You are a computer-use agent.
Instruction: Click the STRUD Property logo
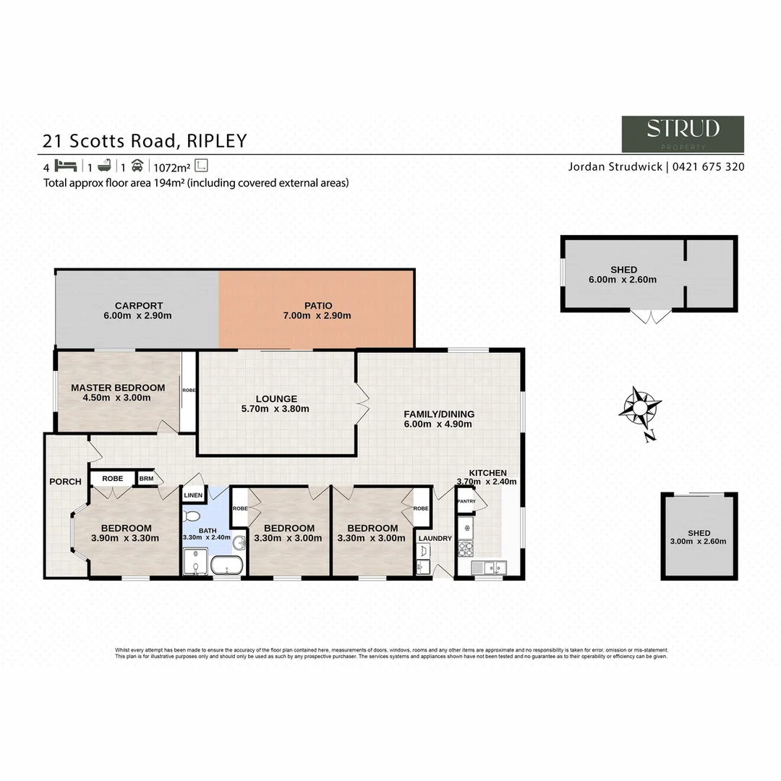(x=683, y=134)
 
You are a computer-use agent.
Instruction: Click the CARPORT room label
(x=139, y=305)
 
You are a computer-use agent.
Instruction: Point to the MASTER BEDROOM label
(x=118, y=388)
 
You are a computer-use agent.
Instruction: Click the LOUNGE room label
(x=276, y=398)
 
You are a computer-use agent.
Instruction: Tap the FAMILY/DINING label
(x=439, y=414)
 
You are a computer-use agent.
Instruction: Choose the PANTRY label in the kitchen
(x=466, y=500)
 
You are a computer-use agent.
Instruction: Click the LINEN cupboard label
(x=194, y=495)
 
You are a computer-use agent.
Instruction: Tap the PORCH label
(x=65, y=482)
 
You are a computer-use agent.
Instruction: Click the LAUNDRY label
(x=435, y=538)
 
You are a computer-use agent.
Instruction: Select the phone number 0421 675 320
(x=709, y=166)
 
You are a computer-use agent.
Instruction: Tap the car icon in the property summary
(x=137, y=164)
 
